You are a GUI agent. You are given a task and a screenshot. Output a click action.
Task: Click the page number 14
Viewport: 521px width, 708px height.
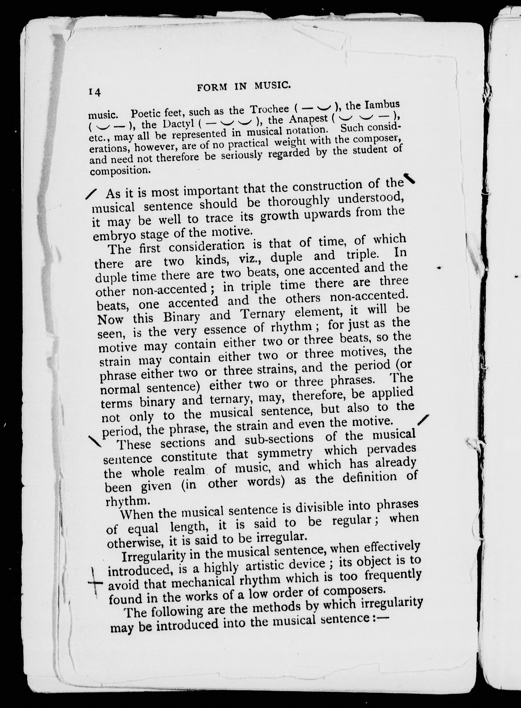pyautogui.click(x=95, y=92)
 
